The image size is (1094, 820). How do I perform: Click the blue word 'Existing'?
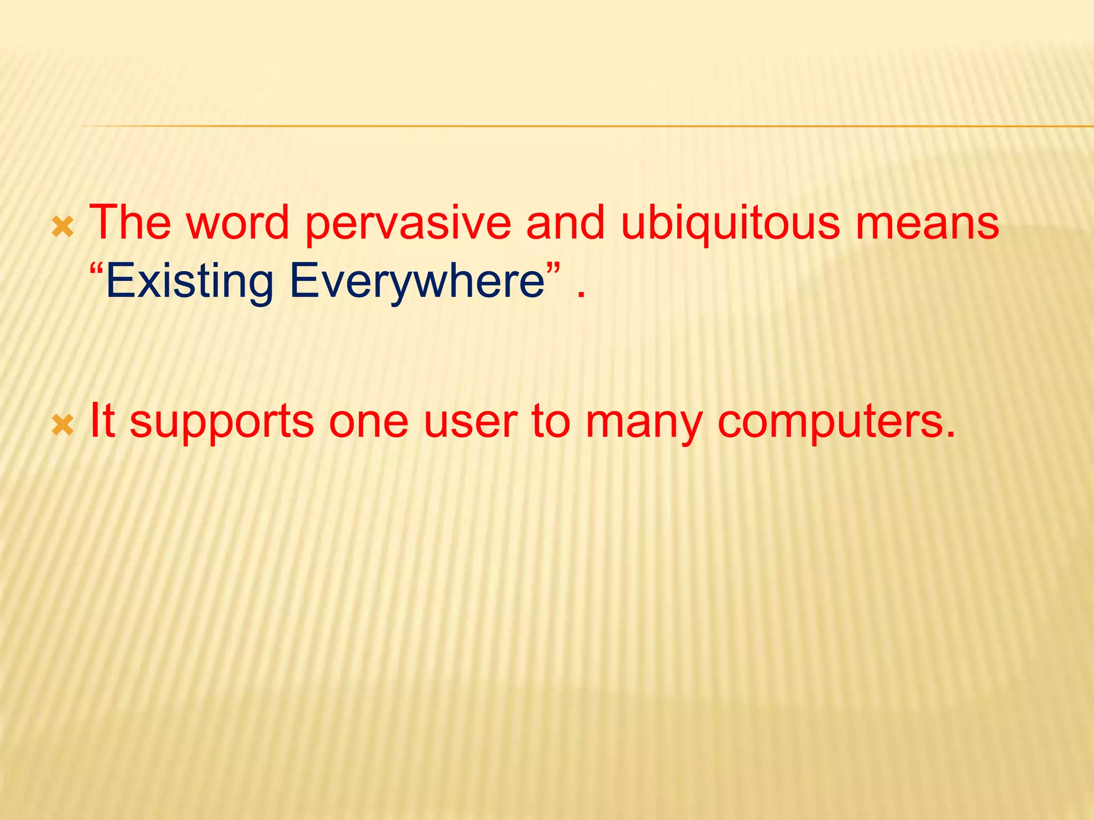[189, 282]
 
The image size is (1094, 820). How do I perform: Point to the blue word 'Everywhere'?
[417, 282]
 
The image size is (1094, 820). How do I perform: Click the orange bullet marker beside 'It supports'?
[63, 425]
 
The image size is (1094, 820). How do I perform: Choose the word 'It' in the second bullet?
[102, 420]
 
